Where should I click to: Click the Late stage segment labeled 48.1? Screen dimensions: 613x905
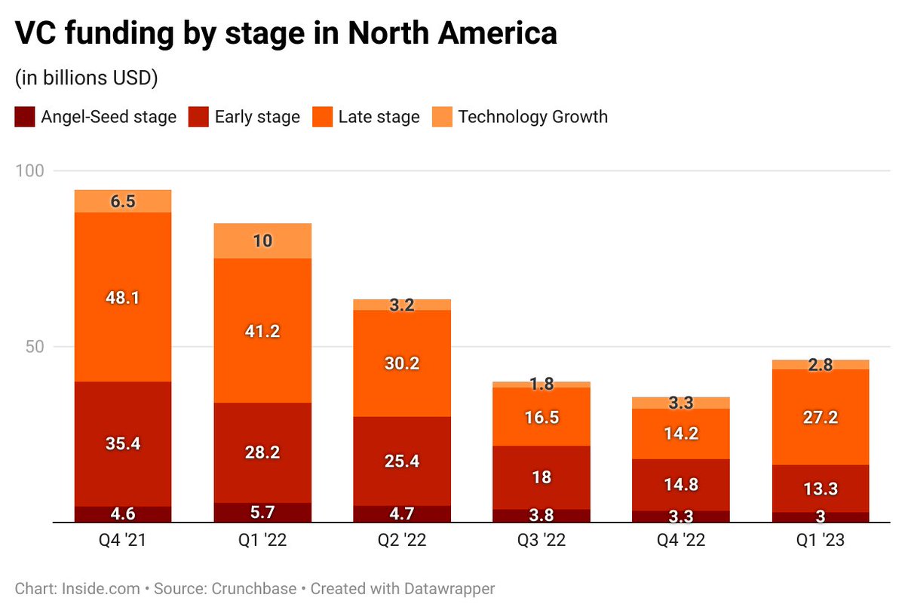[x=122, y=297]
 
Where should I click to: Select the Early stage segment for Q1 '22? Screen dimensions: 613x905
[x=263, y=452]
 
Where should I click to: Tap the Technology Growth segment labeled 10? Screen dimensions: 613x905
[x=263, y=241]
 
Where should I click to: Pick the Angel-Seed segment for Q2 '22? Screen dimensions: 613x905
[x=403, y=514]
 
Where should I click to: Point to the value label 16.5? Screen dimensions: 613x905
[x=542, y=417]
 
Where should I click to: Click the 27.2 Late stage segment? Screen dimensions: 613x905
[x=821, y=417]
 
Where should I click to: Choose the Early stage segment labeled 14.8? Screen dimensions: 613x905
[x=682, y=485]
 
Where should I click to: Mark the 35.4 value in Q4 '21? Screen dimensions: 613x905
[x=122, y=443]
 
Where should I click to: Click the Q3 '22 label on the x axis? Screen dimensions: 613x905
[x=542, y=541]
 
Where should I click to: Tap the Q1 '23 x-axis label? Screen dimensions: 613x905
[x=821, y=541]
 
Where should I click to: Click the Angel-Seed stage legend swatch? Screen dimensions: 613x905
[x=24, y=117]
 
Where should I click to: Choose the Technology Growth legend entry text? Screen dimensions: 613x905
[x=532, y=117]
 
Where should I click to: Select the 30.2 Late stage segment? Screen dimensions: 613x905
[x=403, y=363]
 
